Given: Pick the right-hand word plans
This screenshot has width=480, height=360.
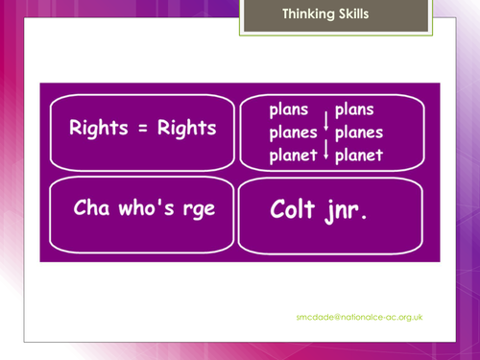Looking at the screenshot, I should pyautogui.click(x=354, y=110).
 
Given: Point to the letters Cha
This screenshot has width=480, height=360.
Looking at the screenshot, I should pyautogui.click(x=90, y=207).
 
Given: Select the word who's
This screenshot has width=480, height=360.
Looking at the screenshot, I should pyautogui.click(x=141, y=207).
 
